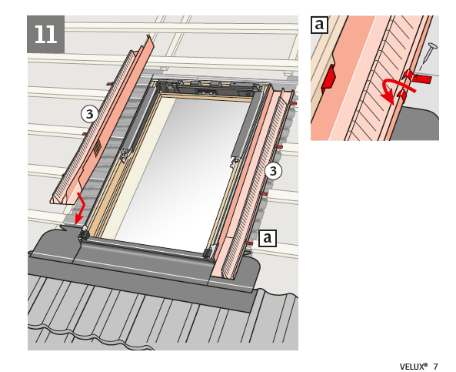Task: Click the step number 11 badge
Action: pyautogui.click(x=45, y=35)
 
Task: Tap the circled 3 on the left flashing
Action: pyautogui.click(x=89, y=114)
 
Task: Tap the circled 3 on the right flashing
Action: pyautogui.click(x=273, y=171)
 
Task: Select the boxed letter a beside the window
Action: pyautogui.click(x=268, y=238)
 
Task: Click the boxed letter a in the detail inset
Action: pyautogui.click(x=319, y=25)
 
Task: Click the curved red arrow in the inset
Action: pyautogui.click(x=395, y=91)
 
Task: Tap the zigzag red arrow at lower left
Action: pyautogui.click(x=79, y=208)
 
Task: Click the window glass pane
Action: pyautogui.click(x=180, y=175)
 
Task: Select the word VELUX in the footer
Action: pyautogui.click(x=413, y=366)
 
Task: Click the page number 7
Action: pyautogui.click(x=436, y=366)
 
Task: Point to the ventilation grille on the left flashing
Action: pyautogui.click(x=98, y=149)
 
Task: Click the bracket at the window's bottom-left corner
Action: pyautogui.click(x=83, y=233)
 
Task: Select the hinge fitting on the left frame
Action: pyautogui.click(x=125, y=155)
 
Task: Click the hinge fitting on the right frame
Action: pyautogui.click(x=235, y=161)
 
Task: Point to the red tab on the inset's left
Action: pyautogui.click(x=328, y=77)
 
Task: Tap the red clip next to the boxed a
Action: pyautogui.click(x=250, y=243)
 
